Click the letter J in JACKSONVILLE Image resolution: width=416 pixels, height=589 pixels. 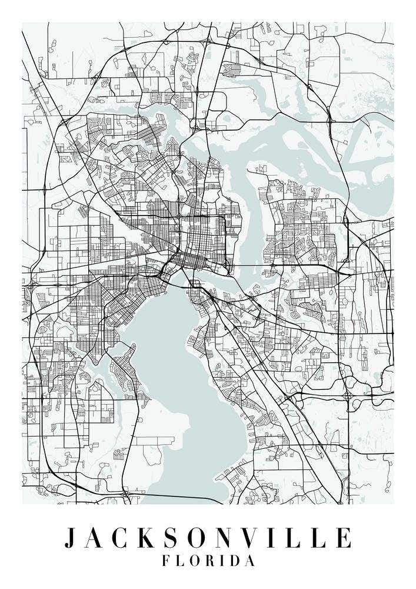pyautogui.click(x=70, y=538)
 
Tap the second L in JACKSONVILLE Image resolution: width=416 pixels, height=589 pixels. pyautogui.click(x=316, y=538)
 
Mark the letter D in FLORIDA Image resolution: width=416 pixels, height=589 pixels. pyautogui.click(x=235, y=561)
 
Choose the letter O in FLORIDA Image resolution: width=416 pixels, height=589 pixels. pyautogui.click(x=194, y=561)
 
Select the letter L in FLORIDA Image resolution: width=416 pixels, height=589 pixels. pyautogui.click(x=179, y=561)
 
